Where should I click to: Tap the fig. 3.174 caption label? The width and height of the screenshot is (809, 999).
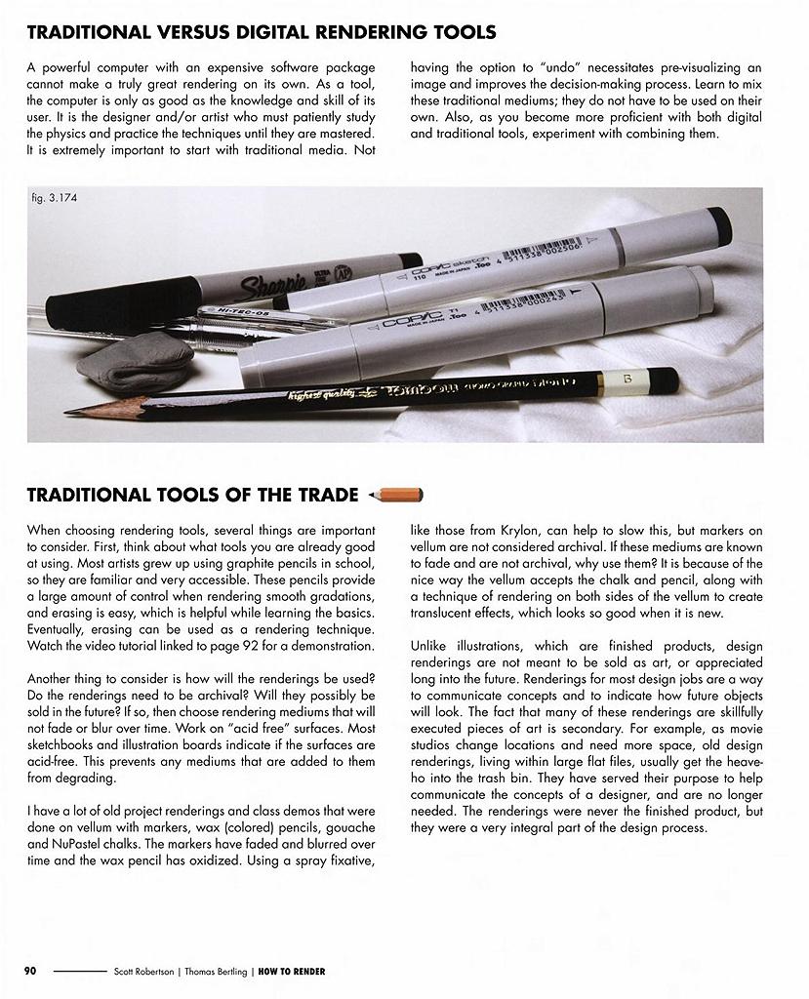coord(55,198)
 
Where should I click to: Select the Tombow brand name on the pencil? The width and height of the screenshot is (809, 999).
coord(418,387)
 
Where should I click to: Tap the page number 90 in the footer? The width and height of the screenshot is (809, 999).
coord(30,971)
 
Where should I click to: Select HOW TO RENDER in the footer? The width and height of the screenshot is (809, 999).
coord(292,972)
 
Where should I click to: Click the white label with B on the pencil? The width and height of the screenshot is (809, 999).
coord(615,378)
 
